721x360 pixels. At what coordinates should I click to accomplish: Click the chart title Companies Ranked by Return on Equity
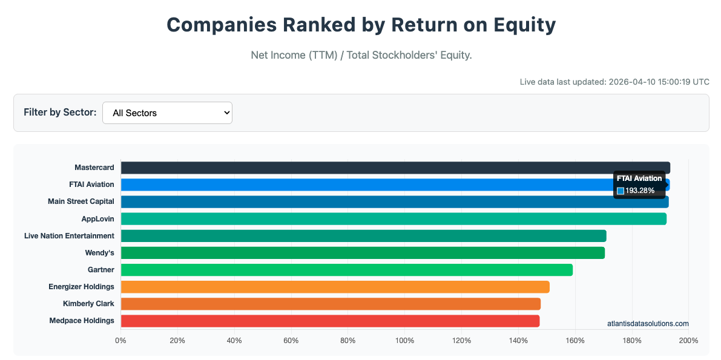(361, 25)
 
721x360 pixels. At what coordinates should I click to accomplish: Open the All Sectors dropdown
(167, 113)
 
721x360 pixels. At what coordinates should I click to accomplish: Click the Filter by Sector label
(60, 113)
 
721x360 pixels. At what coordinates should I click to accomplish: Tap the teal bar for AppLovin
(393, 219)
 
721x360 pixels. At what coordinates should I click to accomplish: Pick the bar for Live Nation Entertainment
(363, 236)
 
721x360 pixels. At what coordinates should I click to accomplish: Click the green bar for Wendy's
(363, 253)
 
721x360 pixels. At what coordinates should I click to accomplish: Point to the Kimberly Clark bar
(331, 304)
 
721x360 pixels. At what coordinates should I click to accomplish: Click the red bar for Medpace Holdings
(330, 321)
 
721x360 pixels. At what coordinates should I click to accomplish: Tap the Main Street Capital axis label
(81, 201)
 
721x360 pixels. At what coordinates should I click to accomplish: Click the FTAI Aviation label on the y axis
(91, 185)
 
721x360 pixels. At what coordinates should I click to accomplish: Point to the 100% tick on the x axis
(404, 341)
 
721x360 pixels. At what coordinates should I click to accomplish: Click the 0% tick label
(121, 341)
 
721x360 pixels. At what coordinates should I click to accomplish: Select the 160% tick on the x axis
(575, 341)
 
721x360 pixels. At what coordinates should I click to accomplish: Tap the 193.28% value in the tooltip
(639, 191)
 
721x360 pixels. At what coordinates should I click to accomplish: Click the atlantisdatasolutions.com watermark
(648, 324)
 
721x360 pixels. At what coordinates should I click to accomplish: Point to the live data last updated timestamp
(614, 82)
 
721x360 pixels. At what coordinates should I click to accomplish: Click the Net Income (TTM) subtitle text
(361, 55)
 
